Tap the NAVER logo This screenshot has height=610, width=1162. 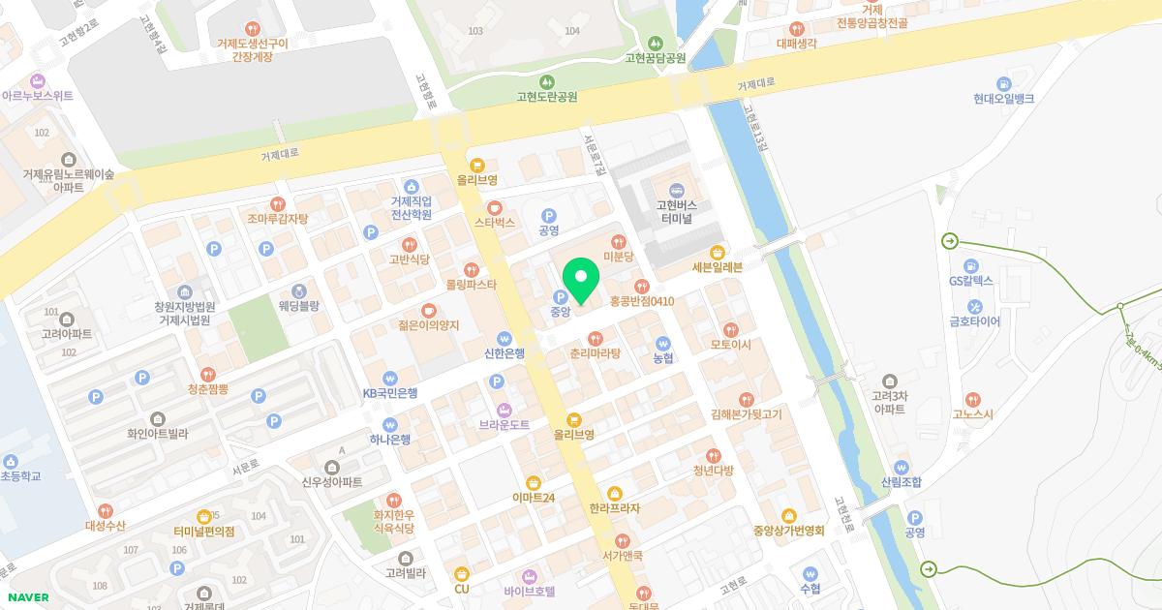click(x=27, y=597)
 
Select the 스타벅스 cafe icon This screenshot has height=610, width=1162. click(x=495, y=206)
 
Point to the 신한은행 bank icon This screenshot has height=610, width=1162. click(x=504, y=337)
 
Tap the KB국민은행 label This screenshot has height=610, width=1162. click(x=389, y=393)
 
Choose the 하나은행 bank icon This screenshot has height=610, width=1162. click(x=390, y=423)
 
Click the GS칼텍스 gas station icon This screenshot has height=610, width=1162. click(x=971, y=264)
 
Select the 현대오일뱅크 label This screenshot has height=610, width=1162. click(x=1004, y=99)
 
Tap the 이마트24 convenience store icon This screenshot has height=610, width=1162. click(x=533, y=482)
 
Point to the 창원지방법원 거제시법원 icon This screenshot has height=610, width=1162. click(x=184, y=292)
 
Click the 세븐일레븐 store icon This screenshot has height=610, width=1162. click(x=718, y=251)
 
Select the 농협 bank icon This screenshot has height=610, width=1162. click(x=663, y=342)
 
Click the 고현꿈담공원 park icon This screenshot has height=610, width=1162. click(x=656, y=42)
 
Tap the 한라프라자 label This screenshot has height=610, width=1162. click(x=615, y=508)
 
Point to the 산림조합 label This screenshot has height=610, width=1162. click(x=902, y=482)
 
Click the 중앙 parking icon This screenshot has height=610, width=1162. click(x=560, y=296)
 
